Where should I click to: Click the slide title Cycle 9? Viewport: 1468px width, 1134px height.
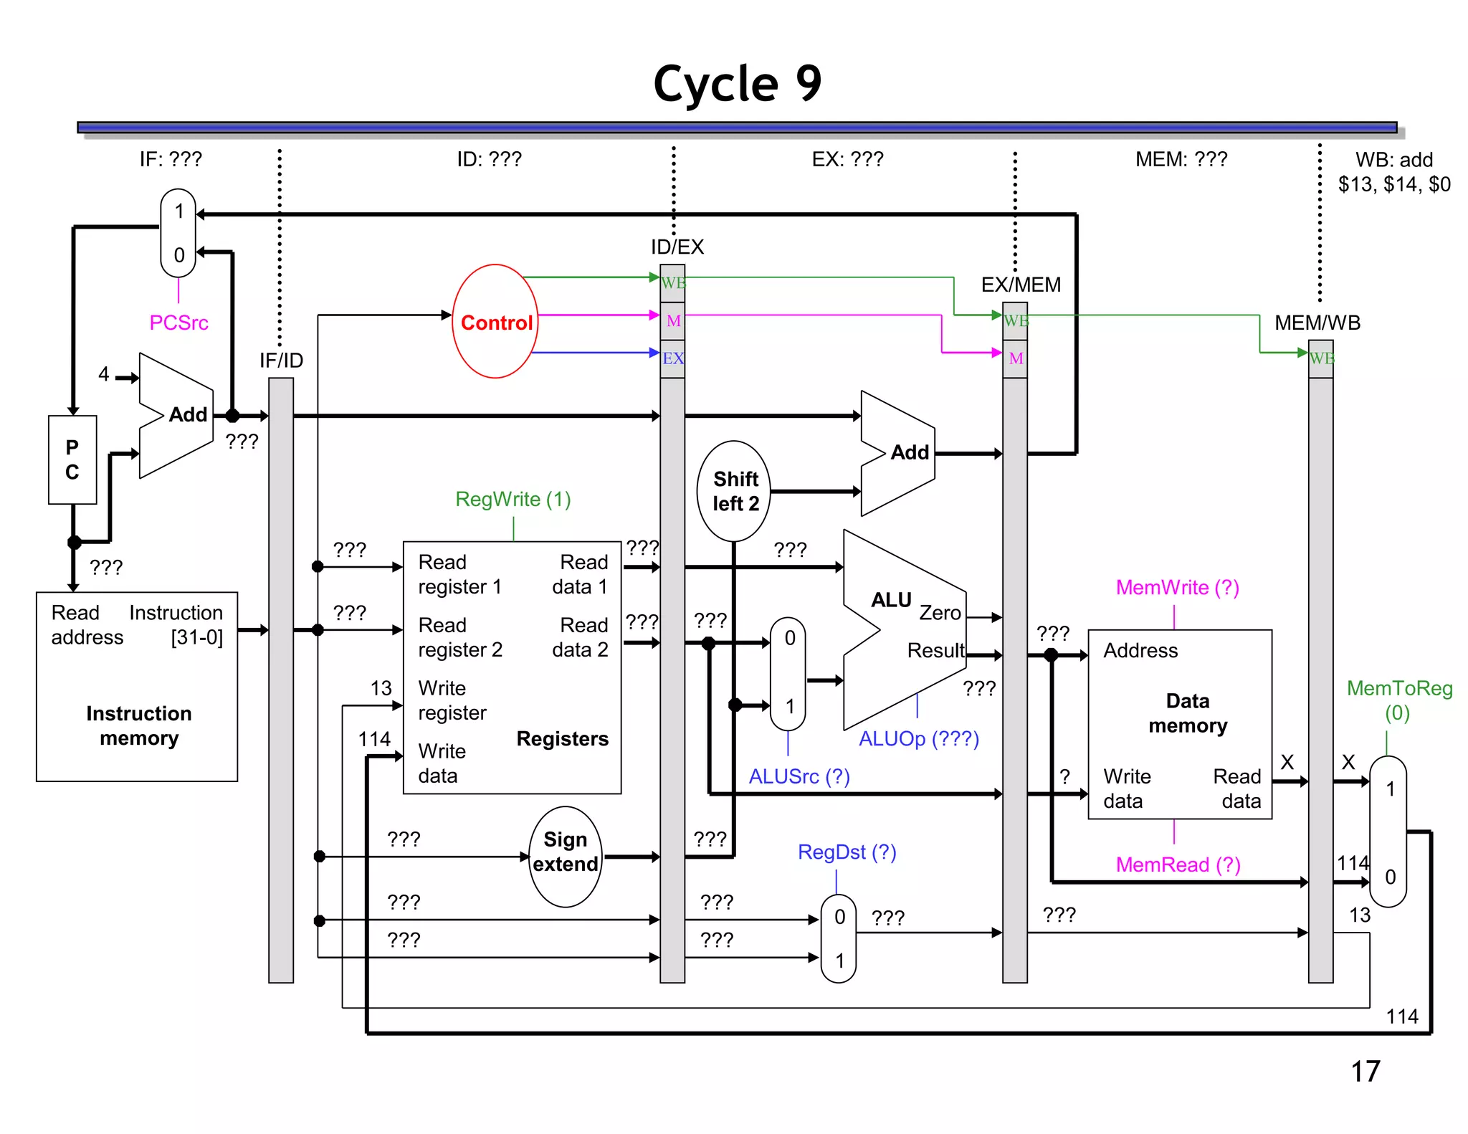[737, 84]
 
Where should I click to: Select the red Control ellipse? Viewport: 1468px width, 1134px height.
[495, 322]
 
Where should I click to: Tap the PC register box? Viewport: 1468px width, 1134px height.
[72, 459]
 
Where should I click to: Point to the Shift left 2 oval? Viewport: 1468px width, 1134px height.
[734, 491]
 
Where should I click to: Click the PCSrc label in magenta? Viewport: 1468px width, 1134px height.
[178, 323]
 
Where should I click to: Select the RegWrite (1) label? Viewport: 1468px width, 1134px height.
[513, 499]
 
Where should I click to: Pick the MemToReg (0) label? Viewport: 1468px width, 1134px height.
[1398, 700]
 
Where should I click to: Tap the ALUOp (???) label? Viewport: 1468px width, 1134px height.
[918, 738]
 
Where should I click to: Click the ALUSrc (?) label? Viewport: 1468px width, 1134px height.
[799, 776]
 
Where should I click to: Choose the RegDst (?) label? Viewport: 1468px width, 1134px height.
[847, 852]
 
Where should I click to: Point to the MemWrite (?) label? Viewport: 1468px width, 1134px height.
[1177, 587]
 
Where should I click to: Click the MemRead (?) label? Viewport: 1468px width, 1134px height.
[1177, 864]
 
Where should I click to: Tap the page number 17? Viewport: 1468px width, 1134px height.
[1365, 1071]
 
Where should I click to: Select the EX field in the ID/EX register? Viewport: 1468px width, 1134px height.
[672, 358]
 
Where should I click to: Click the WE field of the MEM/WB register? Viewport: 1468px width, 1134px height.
[1321, 358]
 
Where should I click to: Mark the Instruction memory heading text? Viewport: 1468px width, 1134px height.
[138, 725]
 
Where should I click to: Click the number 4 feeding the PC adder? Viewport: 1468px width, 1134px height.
[104, 373]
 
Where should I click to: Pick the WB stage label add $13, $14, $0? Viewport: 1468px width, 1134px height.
[1393, 172]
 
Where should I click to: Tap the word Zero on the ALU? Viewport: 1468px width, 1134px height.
[940, 613]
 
